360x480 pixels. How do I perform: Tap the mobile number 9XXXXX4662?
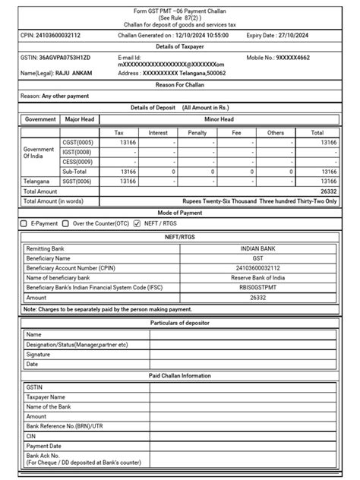(x=292, y=58)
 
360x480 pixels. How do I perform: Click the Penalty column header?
(x=197, y=133)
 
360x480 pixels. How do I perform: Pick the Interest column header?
(x=158, y=133)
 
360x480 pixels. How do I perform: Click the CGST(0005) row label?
(x=77, y=142)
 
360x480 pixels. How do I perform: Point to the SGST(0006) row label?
(x=77, y=182)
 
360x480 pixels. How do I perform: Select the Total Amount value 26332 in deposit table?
(x=327, y=191)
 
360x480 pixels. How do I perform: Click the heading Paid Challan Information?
(x=180, y=376)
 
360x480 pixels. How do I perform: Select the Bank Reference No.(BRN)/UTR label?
(x=64, y=426)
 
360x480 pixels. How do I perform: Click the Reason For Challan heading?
(x=180, y=85)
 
